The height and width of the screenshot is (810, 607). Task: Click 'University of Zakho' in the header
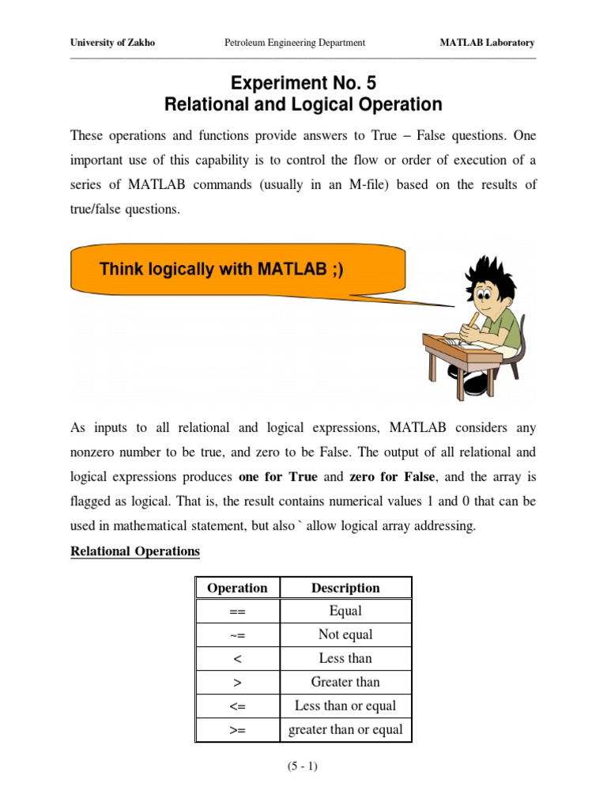tap(113, 43)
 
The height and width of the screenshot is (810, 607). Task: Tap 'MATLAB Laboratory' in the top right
tap(487, 43)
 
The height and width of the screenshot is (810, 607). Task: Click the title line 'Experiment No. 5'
tap(303, 83)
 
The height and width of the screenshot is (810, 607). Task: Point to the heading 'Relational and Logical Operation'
tap(303, 104)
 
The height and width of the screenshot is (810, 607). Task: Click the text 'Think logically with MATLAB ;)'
tap(221, 269)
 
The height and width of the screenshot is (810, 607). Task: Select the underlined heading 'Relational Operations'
tap(135, 551)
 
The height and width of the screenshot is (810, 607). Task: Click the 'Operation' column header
tap(237, 588)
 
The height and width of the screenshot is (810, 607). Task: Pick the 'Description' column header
tap(345, 588)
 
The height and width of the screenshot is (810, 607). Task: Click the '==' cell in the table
tap(237, 611)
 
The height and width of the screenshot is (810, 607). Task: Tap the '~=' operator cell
tap(237, 634)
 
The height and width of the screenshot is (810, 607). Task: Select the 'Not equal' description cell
tap(345, 634)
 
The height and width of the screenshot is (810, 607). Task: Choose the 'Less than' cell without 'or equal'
tap(345, 658)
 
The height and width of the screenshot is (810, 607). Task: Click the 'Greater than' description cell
tap(345, 682)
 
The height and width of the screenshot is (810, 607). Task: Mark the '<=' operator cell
tap(237, 706)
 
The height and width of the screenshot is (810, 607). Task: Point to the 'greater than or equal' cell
tap(345, 729)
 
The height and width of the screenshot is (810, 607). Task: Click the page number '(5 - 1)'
tap(303, 767)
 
